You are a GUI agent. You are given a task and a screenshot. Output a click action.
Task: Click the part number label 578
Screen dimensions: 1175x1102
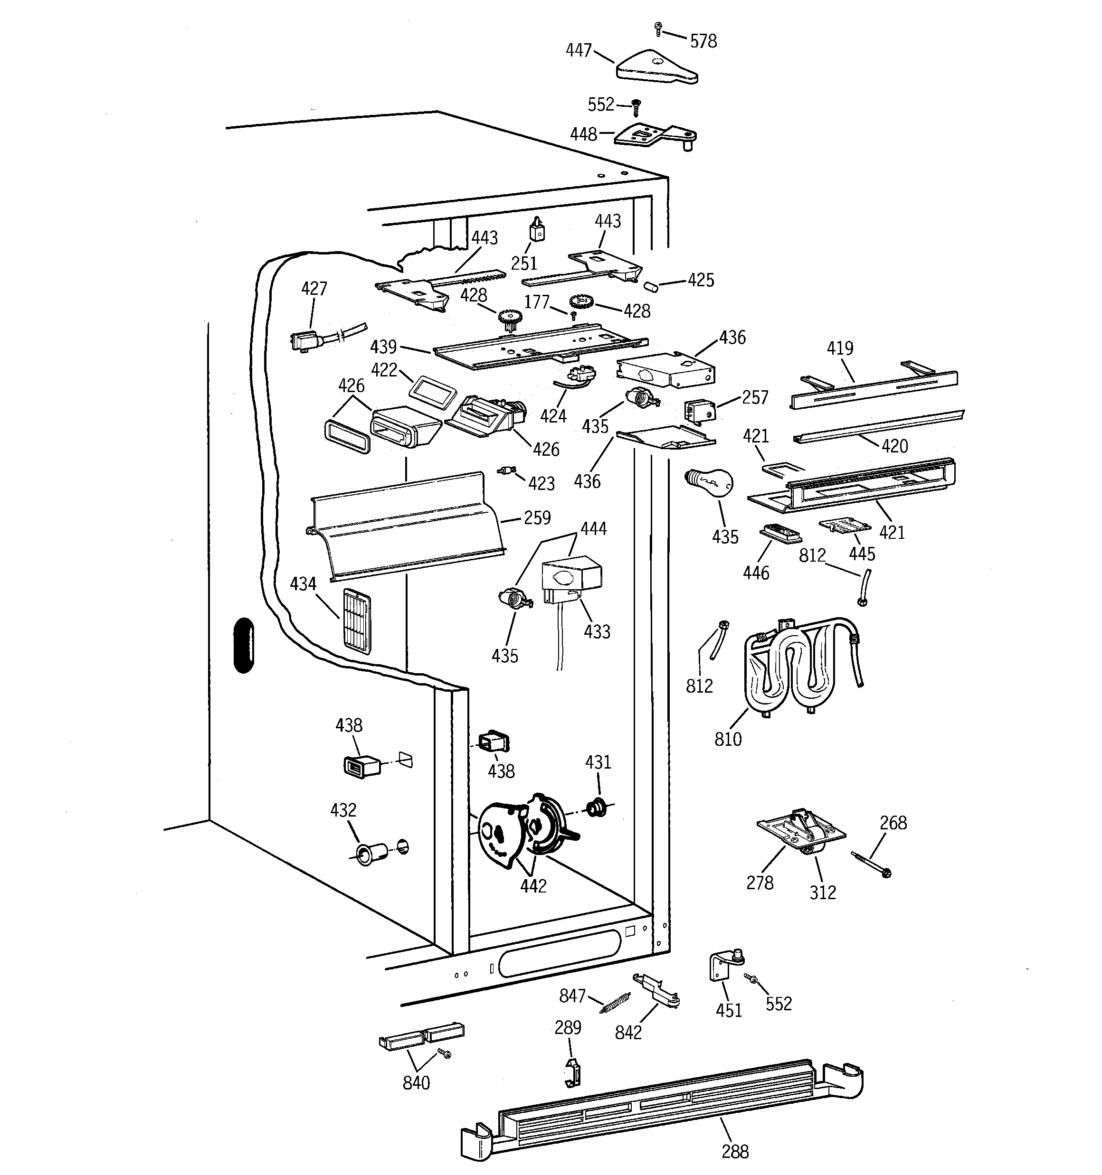(x=703, y=41)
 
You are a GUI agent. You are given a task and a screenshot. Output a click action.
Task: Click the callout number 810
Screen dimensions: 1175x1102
(x=728, y=739)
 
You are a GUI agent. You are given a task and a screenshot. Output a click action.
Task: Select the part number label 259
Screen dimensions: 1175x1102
(x=537, y=518)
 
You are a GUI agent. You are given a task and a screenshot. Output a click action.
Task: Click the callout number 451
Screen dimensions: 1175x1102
(x=728, y=1010)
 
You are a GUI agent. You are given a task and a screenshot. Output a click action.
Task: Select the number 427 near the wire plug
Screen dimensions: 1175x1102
(x=313, y=289)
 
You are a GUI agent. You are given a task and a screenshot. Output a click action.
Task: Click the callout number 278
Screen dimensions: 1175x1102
(x=760, y=883)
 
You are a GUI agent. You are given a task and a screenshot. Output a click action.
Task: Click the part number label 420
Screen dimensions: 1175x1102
(x=894, y=446)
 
